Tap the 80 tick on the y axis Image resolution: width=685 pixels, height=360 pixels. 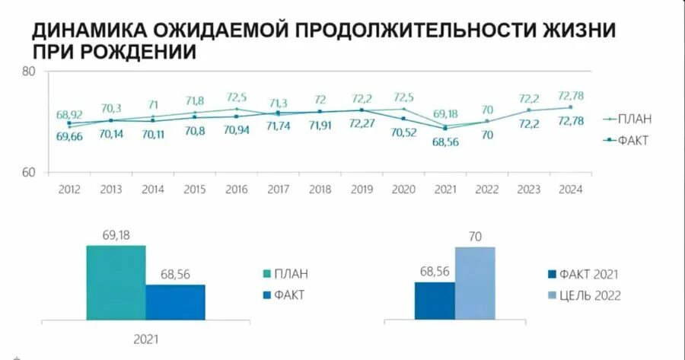pos(30,72)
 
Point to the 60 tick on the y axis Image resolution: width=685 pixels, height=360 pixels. pos(30,172)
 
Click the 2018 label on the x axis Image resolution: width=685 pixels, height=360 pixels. pos(320,190)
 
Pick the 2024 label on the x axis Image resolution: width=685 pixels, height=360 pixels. pos(571,190)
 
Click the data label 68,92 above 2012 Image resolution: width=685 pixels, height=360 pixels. pos(69,115)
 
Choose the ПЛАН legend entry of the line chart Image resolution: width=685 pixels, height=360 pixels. pos(628,119)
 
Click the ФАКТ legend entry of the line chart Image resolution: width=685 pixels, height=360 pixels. pos(628,141)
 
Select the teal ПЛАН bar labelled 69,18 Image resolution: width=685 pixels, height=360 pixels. pos(116,282)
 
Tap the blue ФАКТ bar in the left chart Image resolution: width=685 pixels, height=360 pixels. pos(175,302)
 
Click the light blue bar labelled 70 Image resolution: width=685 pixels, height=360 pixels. pos(475,283)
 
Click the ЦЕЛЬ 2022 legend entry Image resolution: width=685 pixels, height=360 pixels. pos(584,295)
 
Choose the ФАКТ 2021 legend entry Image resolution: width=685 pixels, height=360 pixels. pos(584,275)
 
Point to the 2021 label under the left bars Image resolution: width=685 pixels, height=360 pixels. pos(145,338)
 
